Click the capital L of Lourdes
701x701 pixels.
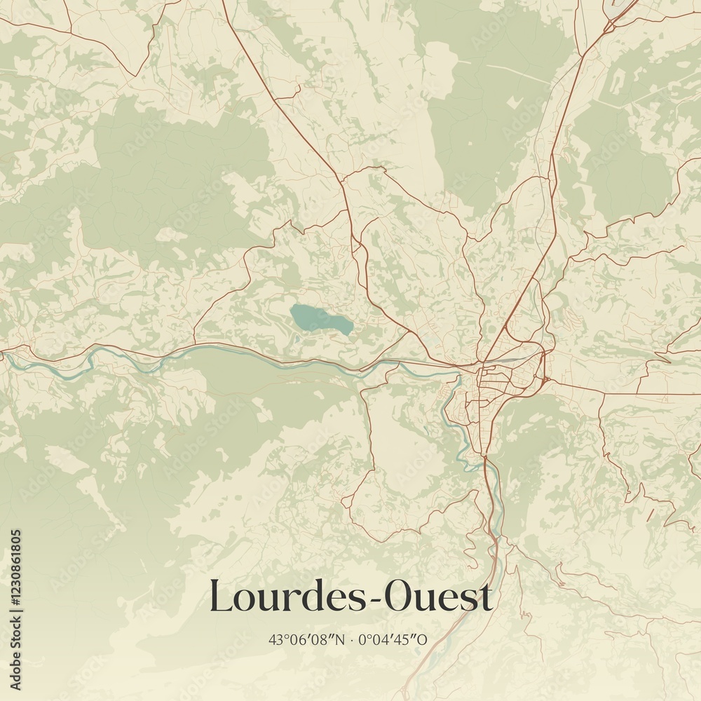coord(221,597)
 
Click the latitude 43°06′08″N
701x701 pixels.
coord(307,639)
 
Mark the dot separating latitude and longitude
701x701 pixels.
coord(351,639)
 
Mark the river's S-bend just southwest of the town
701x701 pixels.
coord(452,414)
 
